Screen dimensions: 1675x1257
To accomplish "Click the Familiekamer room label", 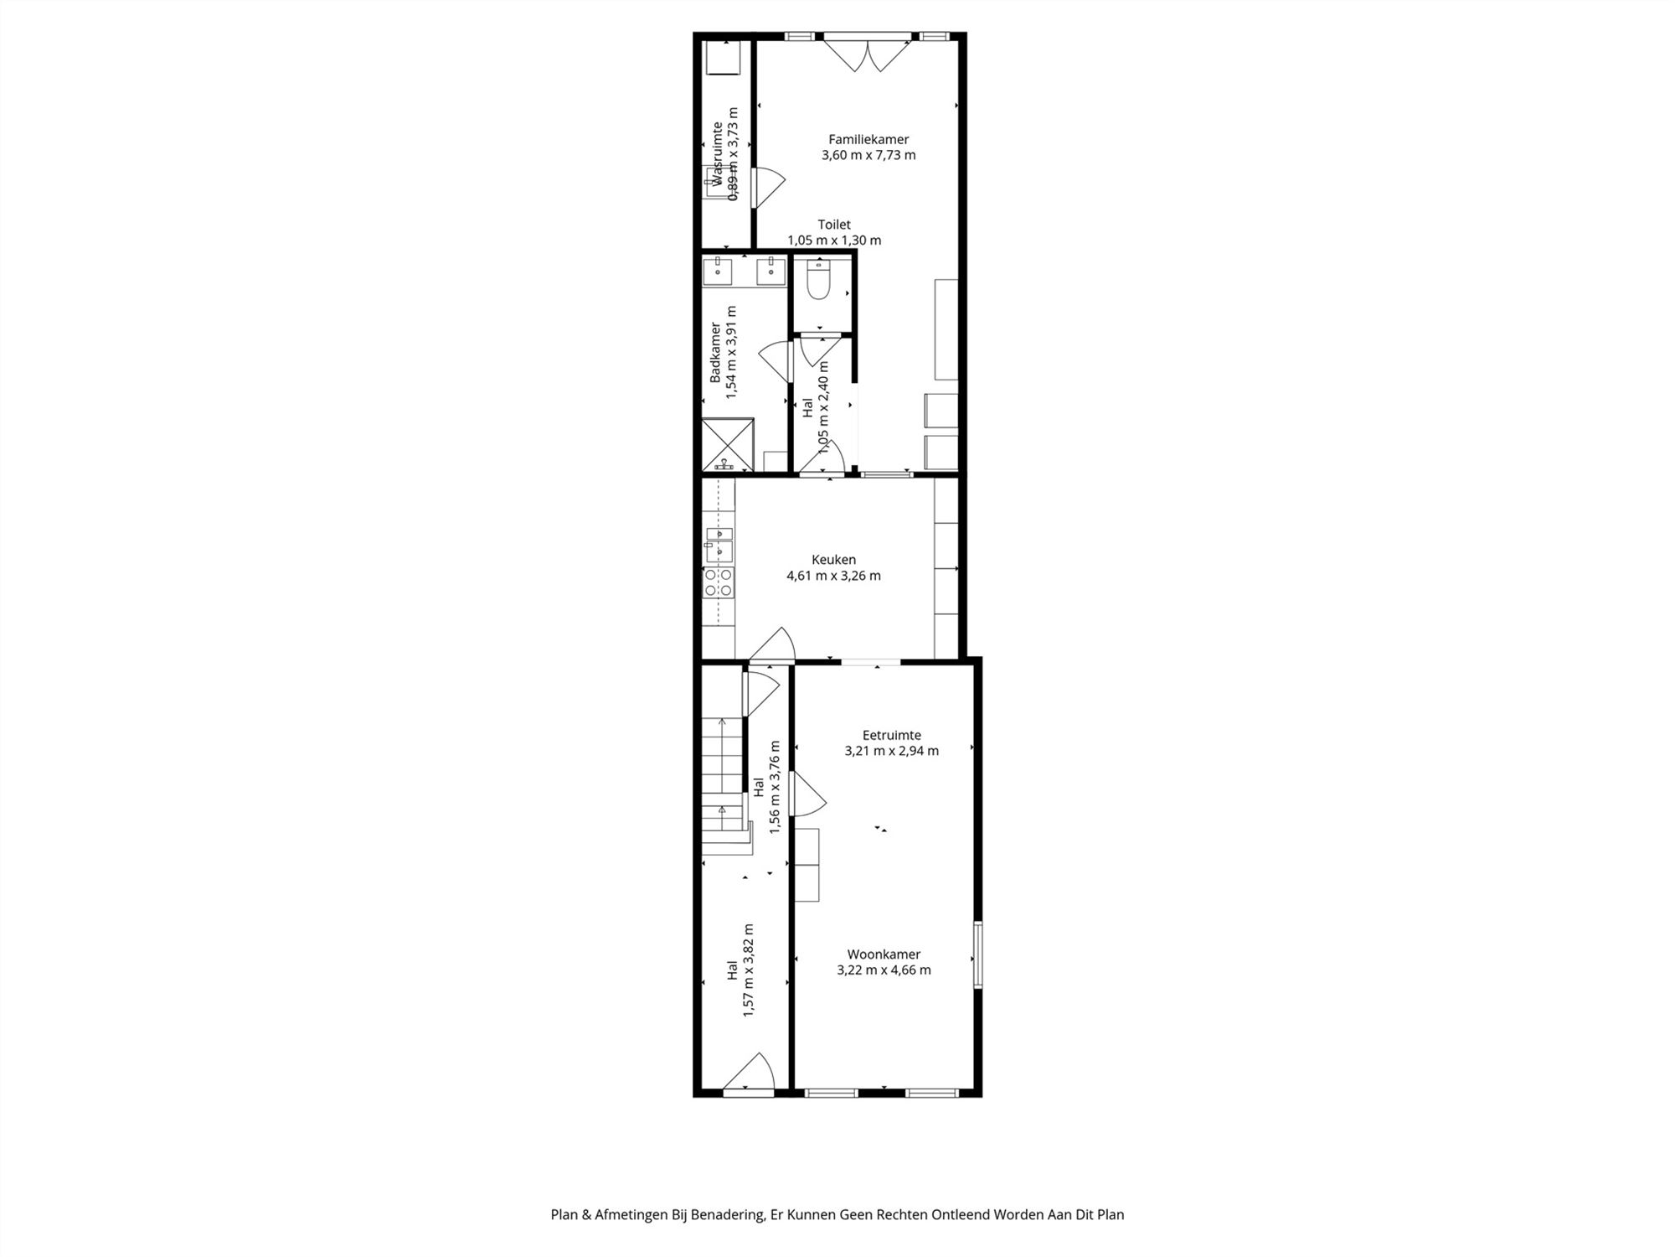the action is [x=868, y=139].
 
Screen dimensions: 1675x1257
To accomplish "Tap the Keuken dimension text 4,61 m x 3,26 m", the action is [x=833, y=576].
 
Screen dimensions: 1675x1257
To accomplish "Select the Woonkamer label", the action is [x=884, y=954].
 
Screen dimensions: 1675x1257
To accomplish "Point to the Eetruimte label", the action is [x=892, y=735].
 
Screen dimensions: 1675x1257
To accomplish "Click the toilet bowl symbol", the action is [x=817, y=280].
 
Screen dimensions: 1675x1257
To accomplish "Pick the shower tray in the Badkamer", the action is [x=728, y=445].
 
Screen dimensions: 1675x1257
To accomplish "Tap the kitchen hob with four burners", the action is [x=719, y=582].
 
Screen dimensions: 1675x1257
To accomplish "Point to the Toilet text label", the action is [x=834, y=225].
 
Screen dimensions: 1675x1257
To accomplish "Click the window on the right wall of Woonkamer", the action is [x=977, y=955].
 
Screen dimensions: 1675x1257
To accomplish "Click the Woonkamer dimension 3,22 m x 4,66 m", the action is [x=884, y=970].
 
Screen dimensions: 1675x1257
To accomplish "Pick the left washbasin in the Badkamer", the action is [x=718, y=271].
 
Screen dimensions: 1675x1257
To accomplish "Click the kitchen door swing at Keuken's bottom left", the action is [x=771, y=644].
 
